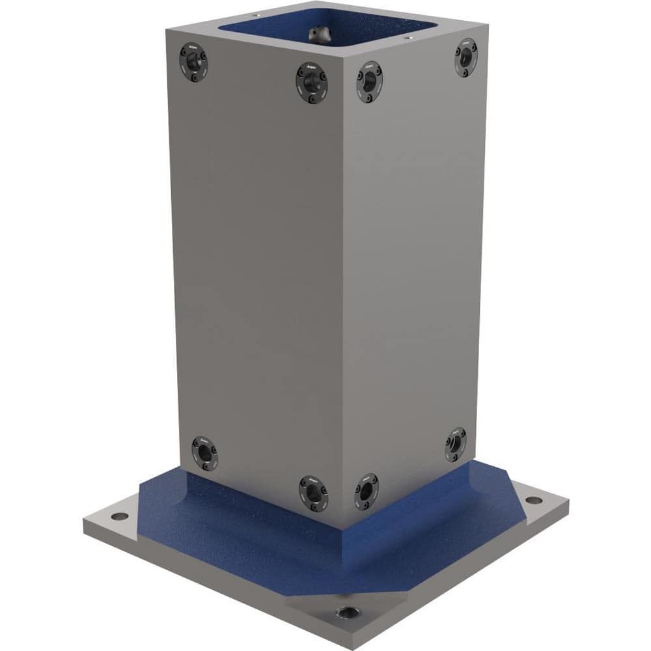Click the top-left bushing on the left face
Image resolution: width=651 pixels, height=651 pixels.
(193, 63)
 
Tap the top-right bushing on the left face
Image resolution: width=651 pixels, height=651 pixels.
(311, 83)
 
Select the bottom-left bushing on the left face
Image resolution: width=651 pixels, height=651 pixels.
(204, 452)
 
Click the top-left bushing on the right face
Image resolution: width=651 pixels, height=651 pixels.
(369, 82)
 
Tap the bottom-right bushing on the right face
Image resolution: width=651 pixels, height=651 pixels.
(456, 445)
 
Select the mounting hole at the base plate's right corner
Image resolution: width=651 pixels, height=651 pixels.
(533, 500)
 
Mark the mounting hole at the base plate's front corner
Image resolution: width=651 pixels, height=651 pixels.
(344, 613)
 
